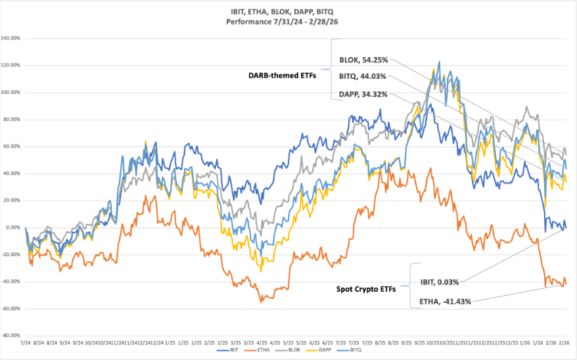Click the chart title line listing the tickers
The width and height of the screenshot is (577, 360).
point(289,12)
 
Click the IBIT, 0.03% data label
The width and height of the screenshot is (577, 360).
point(439,282)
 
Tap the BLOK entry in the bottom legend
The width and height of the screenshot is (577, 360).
point(292,351)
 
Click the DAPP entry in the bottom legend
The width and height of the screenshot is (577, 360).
point(324,351)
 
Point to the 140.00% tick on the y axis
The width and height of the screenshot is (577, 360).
point(12,38)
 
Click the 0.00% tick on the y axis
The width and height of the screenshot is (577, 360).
point(14,227)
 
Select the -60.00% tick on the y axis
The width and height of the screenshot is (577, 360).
point(12,308)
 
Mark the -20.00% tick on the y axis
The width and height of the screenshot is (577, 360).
point(12,254)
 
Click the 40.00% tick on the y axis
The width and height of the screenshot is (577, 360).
point(13,173)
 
